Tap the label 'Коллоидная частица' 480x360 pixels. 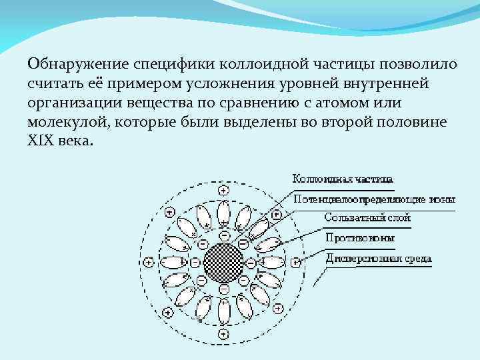click(343, 179)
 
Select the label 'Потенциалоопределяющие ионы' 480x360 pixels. click(374, 198)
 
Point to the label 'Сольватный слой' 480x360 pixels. click(367, 217)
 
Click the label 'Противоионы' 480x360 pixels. click(359, 237)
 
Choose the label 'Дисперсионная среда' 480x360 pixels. click(378, 258)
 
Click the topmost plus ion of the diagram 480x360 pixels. click(223, 191)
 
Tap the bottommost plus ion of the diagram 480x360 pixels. click(223, 334)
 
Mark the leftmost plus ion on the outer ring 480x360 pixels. click(147, 262)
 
